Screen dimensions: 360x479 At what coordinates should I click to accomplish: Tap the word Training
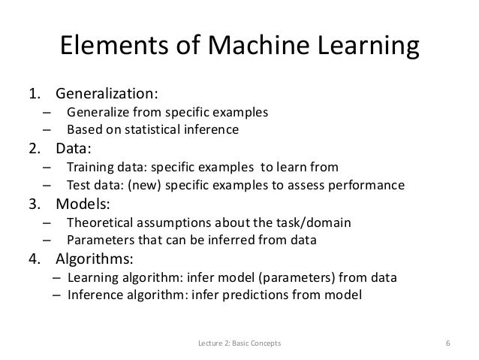[91, 167]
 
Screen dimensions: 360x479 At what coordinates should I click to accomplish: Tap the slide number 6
[447, 344]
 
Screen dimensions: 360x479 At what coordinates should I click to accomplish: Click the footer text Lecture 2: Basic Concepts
[239, 344]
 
